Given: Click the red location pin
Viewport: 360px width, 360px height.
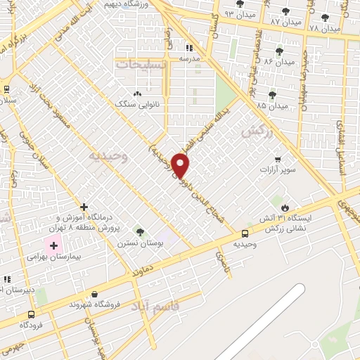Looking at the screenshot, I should click(x=181, y=165).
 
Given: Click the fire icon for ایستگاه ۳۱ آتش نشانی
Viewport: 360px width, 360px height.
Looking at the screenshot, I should click(x=284, y=208).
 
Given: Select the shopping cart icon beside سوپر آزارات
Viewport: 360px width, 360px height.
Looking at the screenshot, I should click(x=278, y=159).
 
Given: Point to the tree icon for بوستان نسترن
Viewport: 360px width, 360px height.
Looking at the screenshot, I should click(x=140, y=232).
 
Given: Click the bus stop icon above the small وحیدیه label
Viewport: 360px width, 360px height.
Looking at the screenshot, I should click(x=245, y=234).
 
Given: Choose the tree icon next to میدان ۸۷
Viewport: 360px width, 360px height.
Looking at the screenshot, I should click(x=285, y=12).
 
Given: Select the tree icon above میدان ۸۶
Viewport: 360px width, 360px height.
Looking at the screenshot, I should click(x=280, y=51).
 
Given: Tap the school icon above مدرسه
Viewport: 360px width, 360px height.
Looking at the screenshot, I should click(x=188, y=48).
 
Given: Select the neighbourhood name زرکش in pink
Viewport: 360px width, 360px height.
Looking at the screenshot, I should click(x=256, y=131).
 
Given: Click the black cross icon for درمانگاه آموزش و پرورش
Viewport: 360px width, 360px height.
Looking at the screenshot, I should click(x=84, y=207).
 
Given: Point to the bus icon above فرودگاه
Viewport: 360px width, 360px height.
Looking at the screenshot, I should click(x=30, y=314).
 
